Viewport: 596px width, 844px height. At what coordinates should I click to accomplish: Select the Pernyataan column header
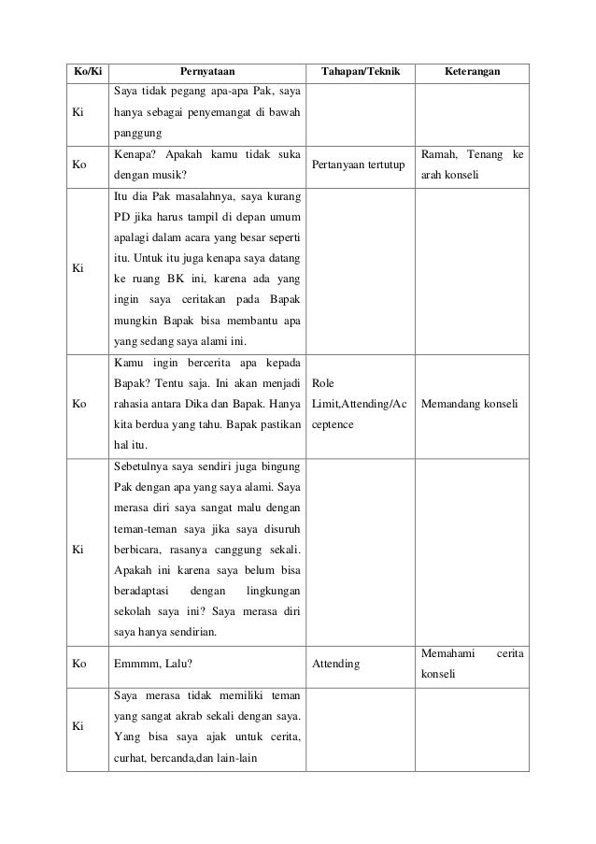point(208,71)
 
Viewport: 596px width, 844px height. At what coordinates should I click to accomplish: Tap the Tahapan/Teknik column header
point(359,71)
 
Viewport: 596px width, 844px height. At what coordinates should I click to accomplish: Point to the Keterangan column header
point(471,71)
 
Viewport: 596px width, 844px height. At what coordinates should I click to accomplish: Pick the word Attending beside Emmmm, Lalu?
point(336,663)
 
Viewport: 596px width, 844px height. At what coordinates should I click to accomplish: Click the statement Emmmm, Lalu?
point(151,663)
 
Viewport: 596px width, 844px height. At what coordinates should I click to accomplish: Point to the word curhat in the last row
point(129,760)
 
